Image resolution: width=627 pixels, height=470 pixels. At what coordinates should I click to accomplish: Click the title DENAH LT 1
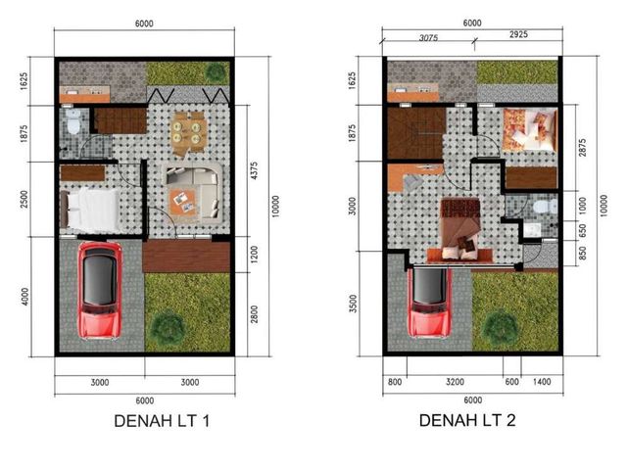coord(162,421)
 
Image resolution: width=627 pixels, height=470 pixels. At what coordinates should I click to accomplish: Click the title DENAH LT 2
coord(467,420)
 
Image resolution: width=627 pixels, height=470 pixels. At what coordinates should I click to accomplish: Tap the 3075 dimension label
coord(428,38)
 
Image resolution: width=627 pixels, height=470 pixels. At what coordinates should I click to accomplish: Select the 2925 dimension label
coord(518,35)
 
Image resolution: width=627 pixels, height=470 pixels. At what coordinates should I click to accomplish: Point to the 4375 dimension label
coord(255,170)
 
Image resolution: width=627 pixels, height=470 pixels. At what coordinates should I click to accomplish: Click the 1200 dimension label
coord(255,255)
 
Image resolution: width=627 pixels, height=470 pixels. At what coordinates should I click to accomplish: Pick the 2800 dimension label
coord(255,314)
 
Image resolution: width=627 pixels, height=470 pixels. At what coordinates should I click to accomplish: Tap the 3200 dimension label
coord(455,382)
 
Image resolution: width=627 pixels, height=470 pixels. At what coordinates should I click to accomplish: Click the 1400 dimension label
coord(542,382)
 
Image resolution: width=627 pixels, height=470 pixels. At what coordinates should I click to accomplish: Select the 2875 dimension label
coord(582,148)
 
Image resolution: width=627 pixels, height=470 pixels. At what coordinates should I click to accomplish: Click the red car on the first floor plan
coord(100,291)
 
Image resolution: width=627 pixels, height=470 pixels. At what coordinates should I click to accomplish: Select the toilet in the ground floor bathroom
coord(73,121)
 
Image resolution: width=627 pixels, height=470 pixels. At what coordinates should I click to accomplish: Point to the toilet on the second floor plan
coord(545,207)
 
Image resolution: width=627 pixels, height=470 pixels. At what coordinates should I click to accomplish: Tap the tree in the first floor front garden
coord(169,327)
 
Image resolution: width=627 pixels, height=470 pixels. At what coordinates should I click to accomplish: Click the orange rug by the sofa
coord(183,203)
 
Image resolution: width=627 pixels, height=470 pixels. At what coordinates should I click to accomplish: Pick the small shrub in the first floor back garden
coord(216,72)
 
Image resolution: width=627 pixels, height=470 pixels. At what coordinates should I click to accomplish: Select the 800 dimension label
coord(395,382)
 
